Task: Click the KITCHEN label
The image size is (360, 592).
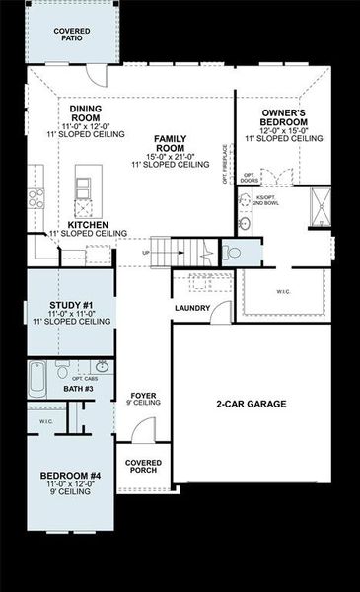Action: (x=88, y=225)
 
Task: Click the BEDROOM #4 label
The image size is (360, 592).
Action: (x=70, y=477)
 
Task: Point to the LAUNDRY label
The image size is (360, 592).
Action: (x=192, y=309)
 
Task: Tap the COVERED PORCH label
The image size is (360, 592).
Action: (x=143, y=466)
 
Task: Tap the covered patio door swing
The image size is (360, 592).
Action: (x=94, y=75)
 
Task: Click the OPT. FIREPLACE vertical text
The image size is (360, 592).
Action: (x=226, y=164)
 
